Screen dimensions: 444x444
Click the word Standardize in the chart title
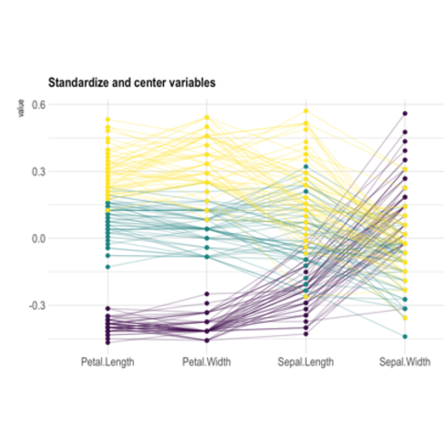[81, 83]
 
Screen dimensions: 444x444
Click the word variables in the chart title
[188, 83]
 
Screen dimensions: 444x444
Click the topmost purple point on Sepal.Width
[404, 114]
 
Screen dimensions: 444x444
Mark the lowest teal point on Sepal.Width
[404, 336]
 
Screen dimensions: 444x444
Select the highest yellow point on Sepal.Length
[305, 111]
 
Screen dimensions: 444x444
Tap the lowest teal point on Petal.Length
[107, 266]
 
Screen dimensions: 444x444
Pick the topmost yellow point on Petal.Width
[206, 117]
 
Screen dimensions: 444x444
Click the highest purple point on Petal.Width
[206, 293]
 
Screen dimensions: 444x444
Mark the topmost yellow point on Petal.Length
[107, 119]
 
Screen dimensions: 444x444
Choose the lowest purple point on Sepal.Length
[305, 329]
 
